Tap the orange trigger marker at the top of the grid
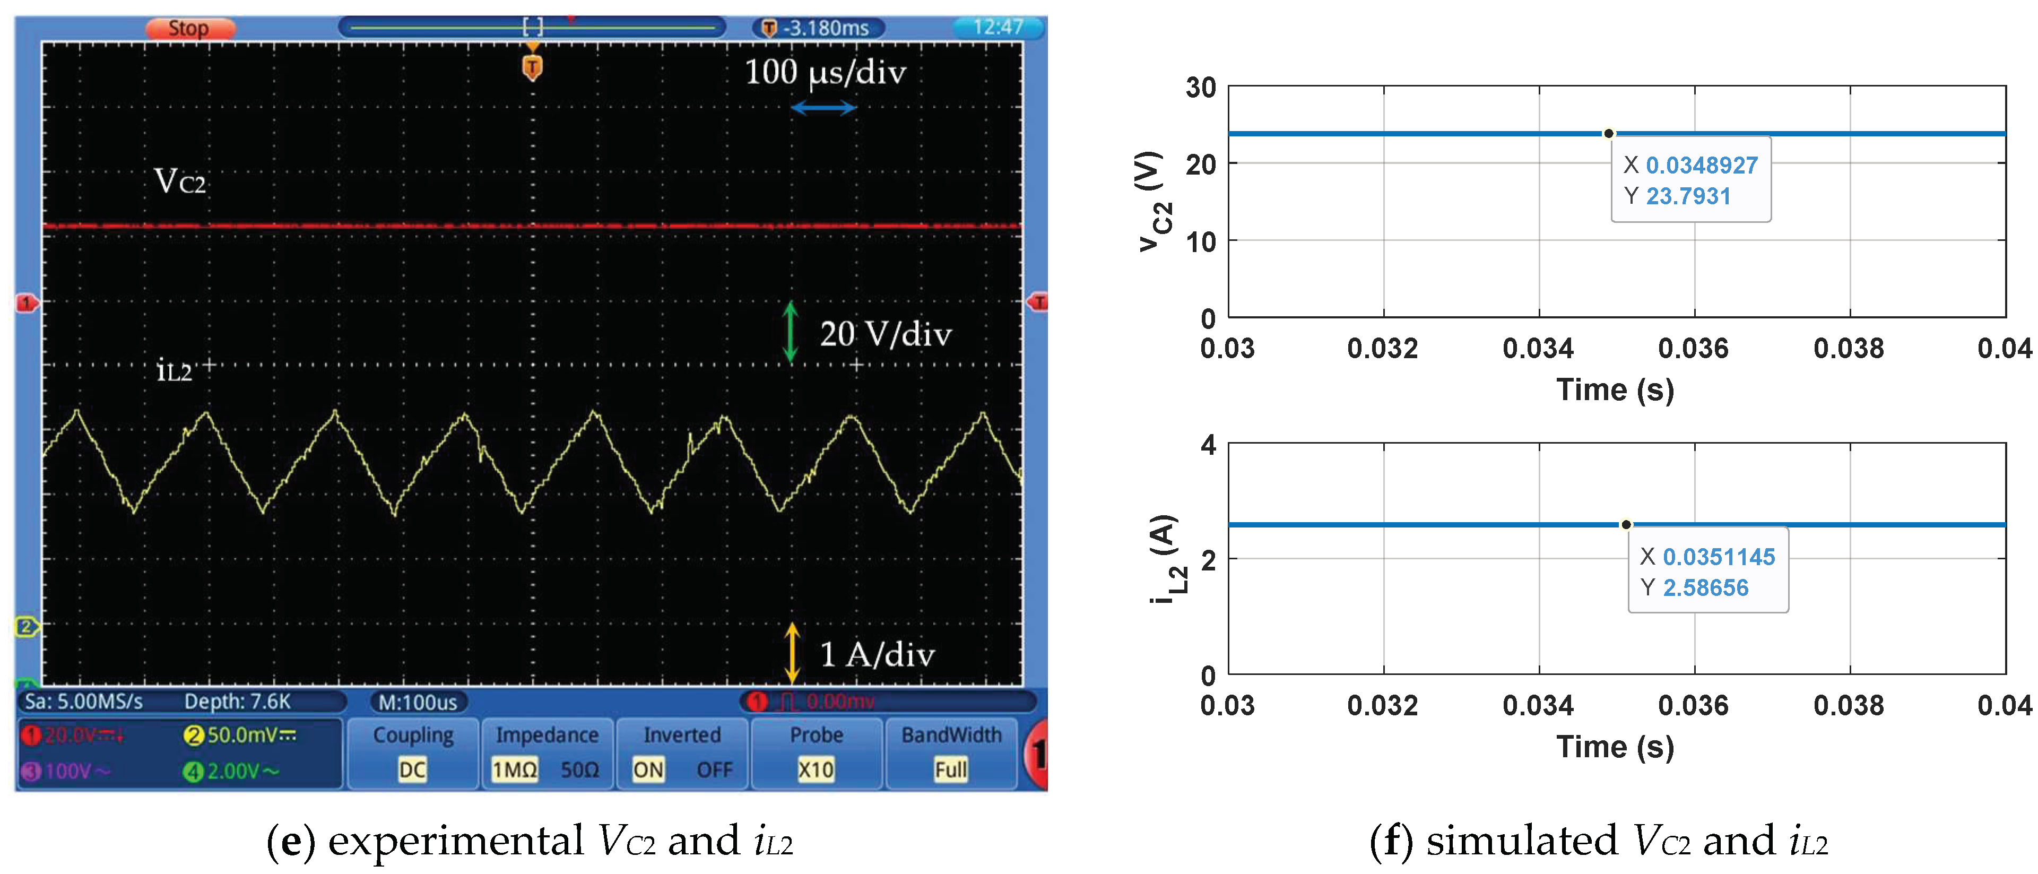click(532, 68)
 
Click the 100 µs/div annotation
click(825, 73)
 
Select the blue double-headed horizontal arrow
click(823, 108)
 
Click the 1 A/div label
click(877, 655)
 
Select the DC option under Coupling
click(412, 769)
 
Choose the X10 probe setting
click(816, 769)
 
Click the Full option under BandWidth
click(950, 769)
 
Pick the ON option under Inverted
click(648, 769)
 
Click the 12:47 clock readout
click(998, 28)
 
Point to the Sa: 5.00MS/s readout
click(84, 702)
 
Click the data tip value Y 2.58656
click(1705, 587)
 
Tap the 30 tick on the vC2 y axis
click(1200, 87)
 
